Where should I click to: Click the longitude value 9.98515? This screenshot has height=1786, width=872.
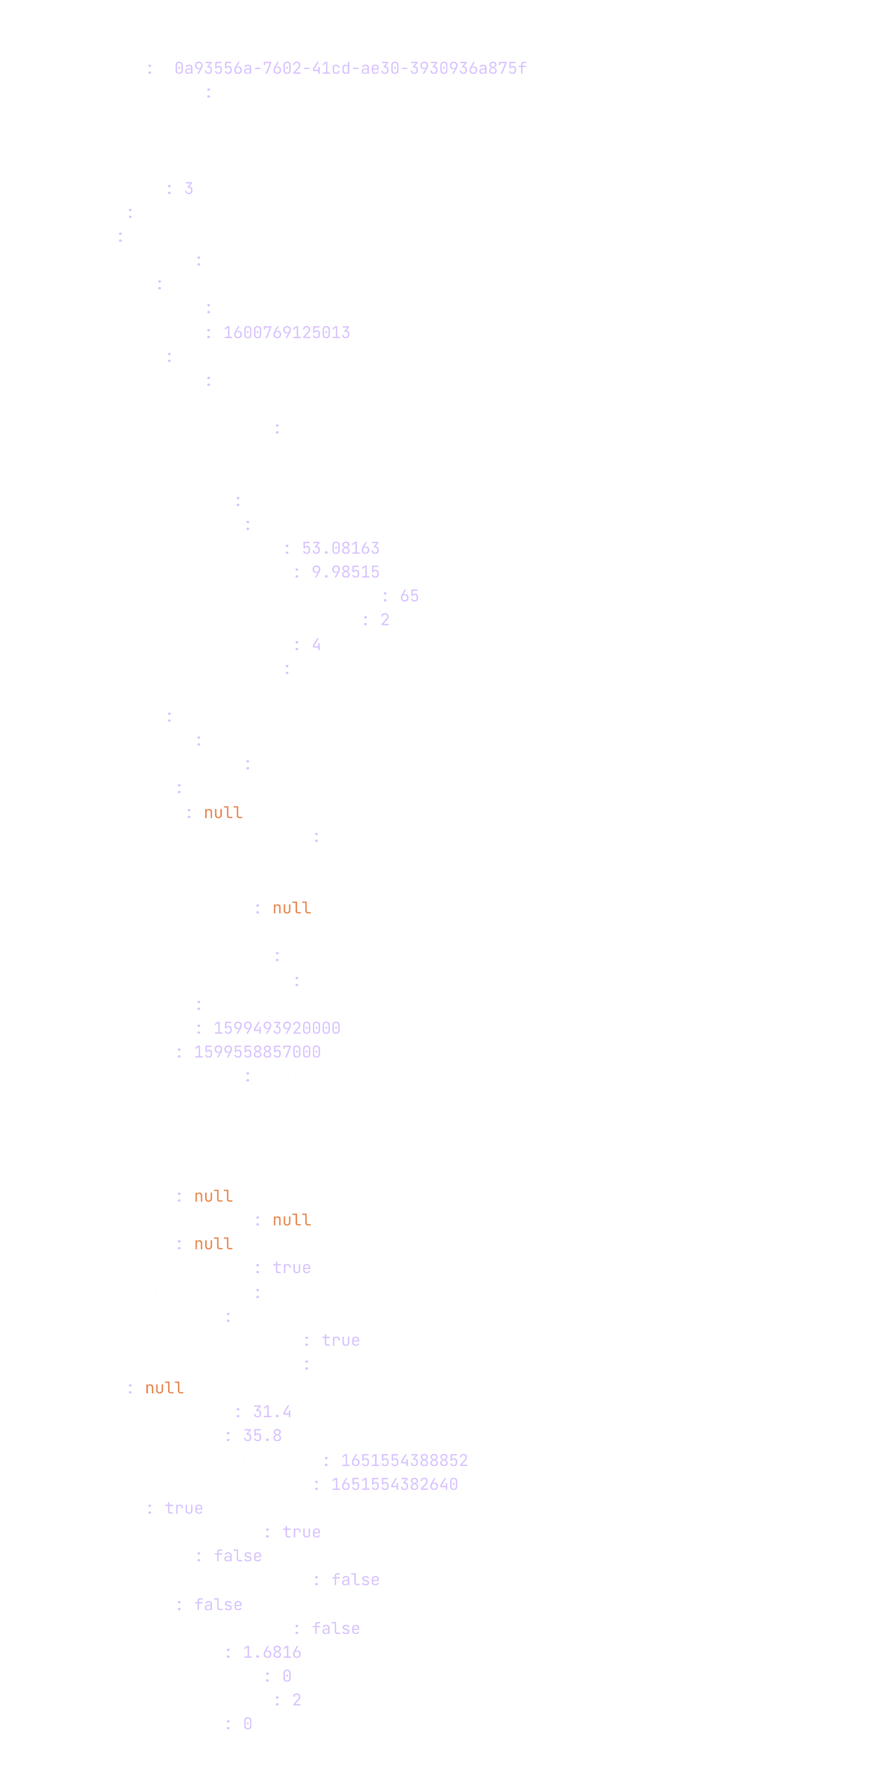346,572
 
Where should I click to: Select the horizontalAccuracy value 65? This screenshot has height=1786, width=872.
409,596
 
